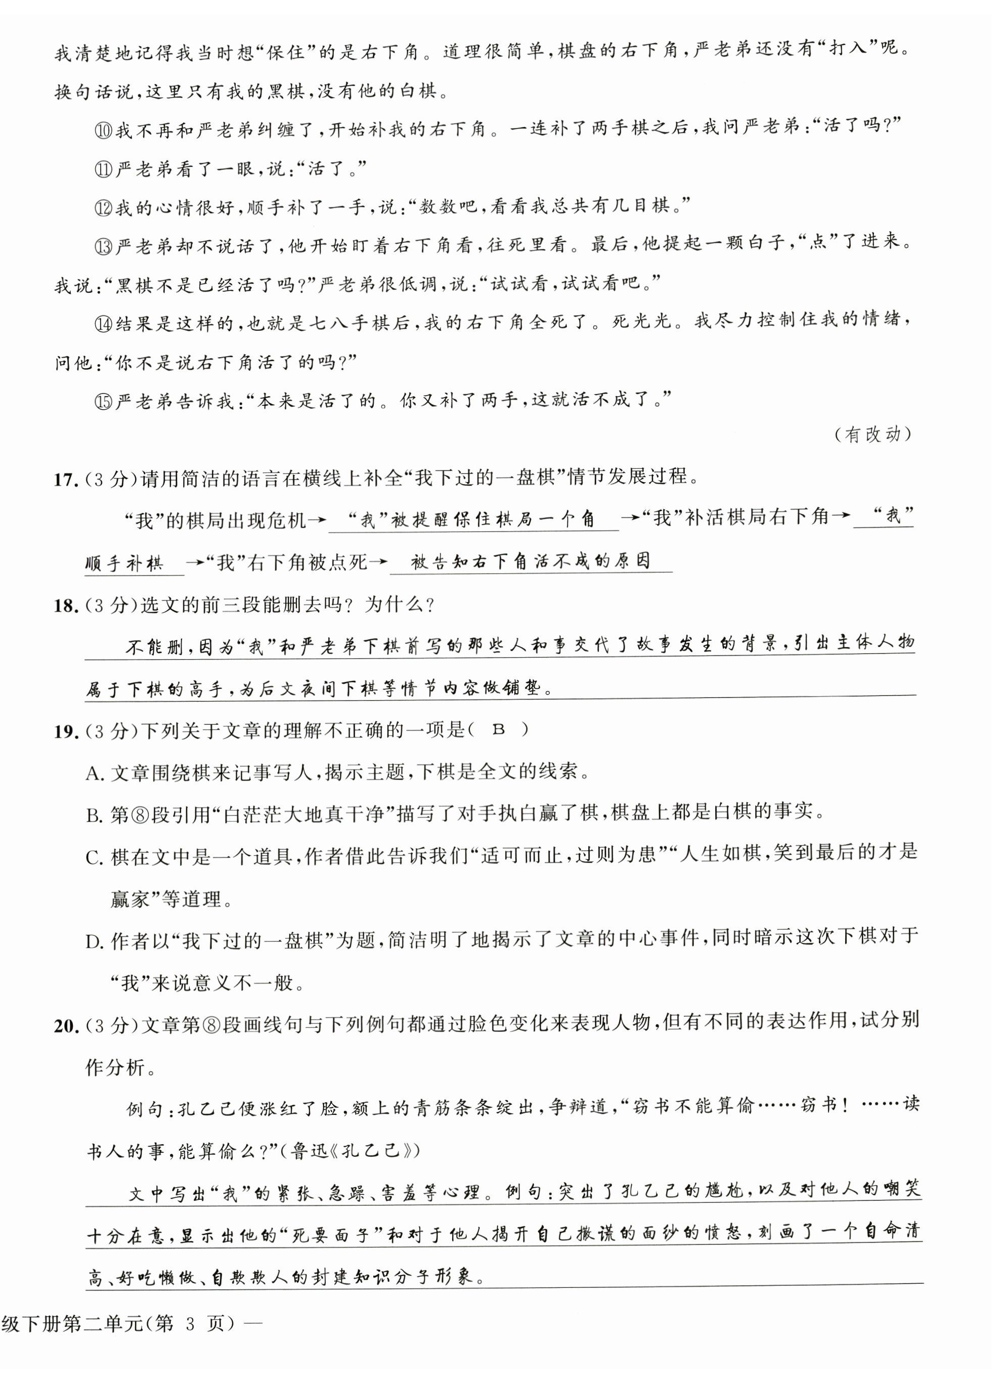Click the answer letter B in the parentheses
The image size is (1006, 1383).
point(499,730)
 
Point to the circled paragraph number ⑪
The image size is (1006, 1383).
point(104,169)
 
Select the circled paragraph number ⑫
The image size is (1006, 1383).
point(104,208)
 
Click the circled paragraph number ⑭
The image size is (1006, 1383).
point(104,324)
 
